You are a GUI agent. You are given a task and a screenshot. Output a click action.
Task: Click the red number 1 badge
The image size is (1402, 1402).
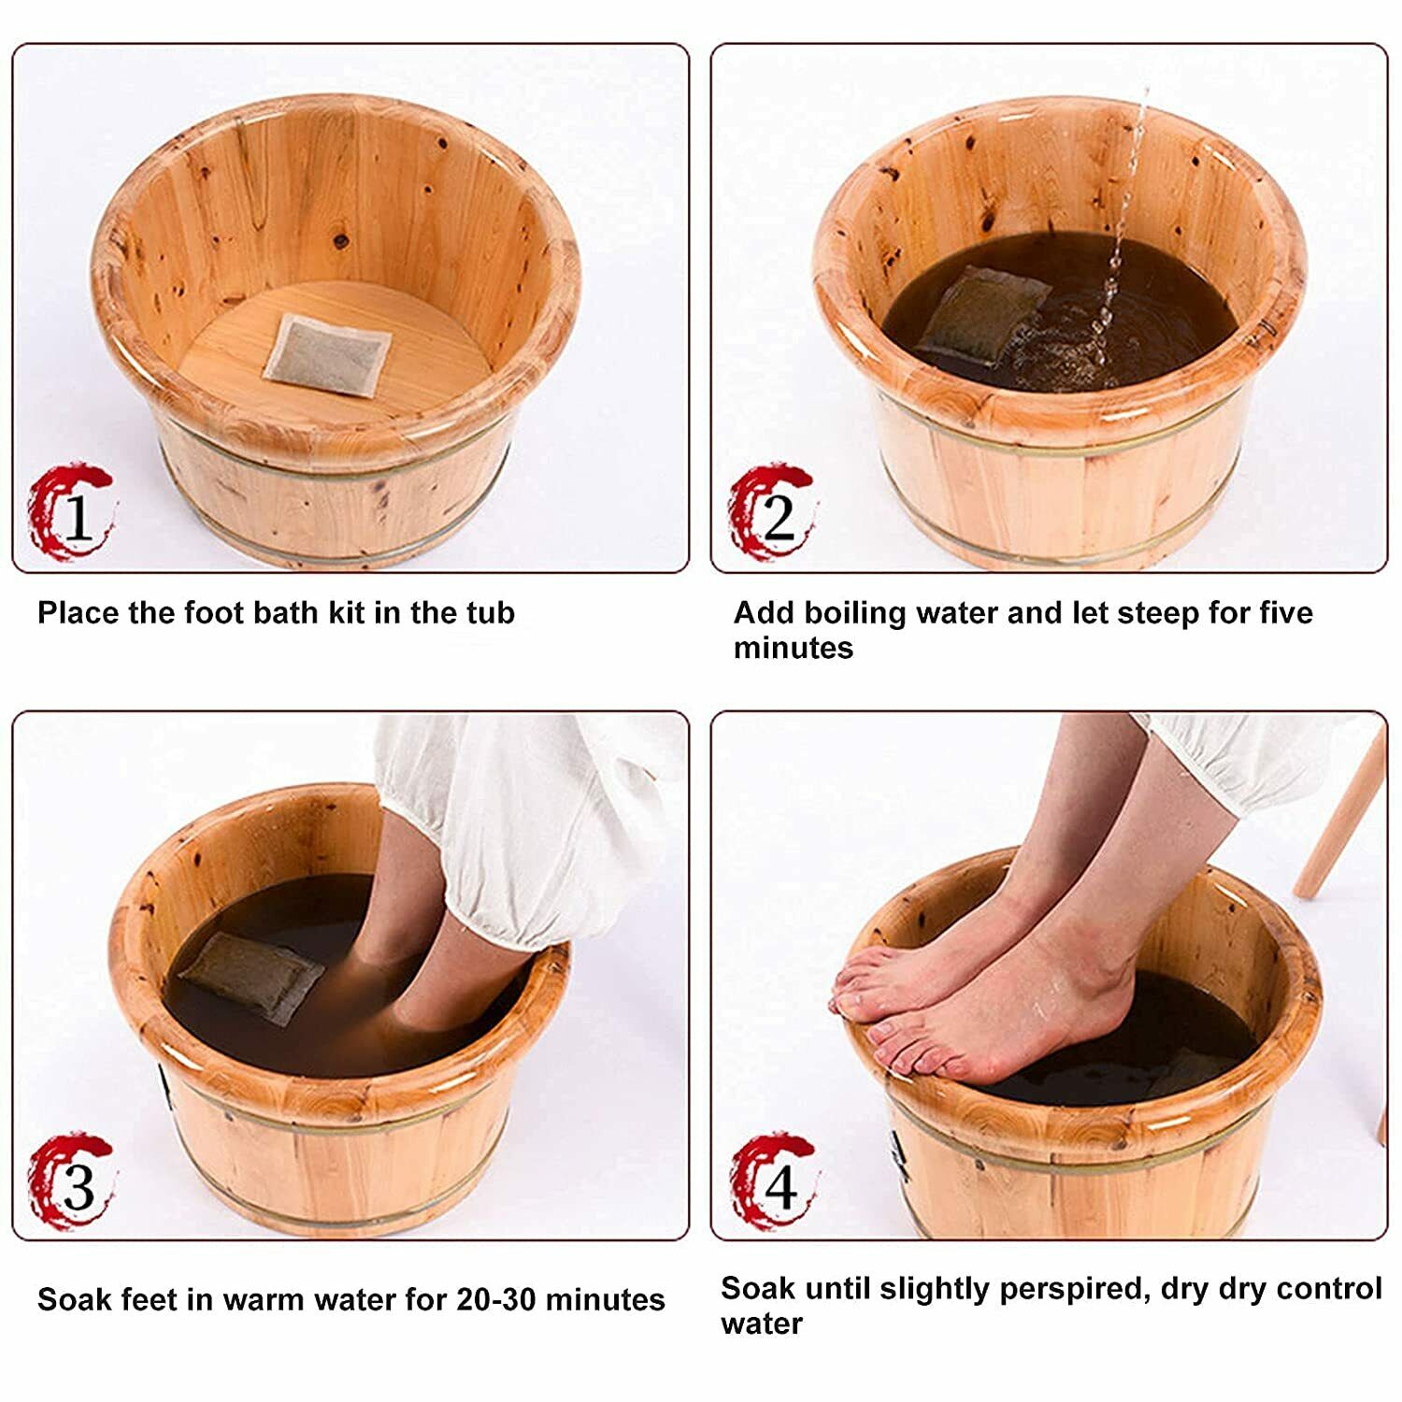[x=70, y=512]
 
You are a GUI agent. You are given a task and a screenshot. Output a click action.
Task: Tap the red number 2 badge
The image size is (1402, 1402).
[x=772, y=512]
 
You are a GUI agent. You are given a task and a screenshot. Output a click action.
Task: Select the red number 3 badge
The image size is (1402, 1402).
[x=70, y=1183]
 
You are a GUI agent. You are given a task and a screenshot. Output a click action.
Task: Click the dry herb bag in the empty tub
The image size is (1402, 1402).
[x=328, y=355]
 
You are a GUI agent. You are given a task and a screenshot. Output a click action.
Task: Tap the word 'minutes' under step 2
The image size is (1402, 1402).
[x=794, y=648]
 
